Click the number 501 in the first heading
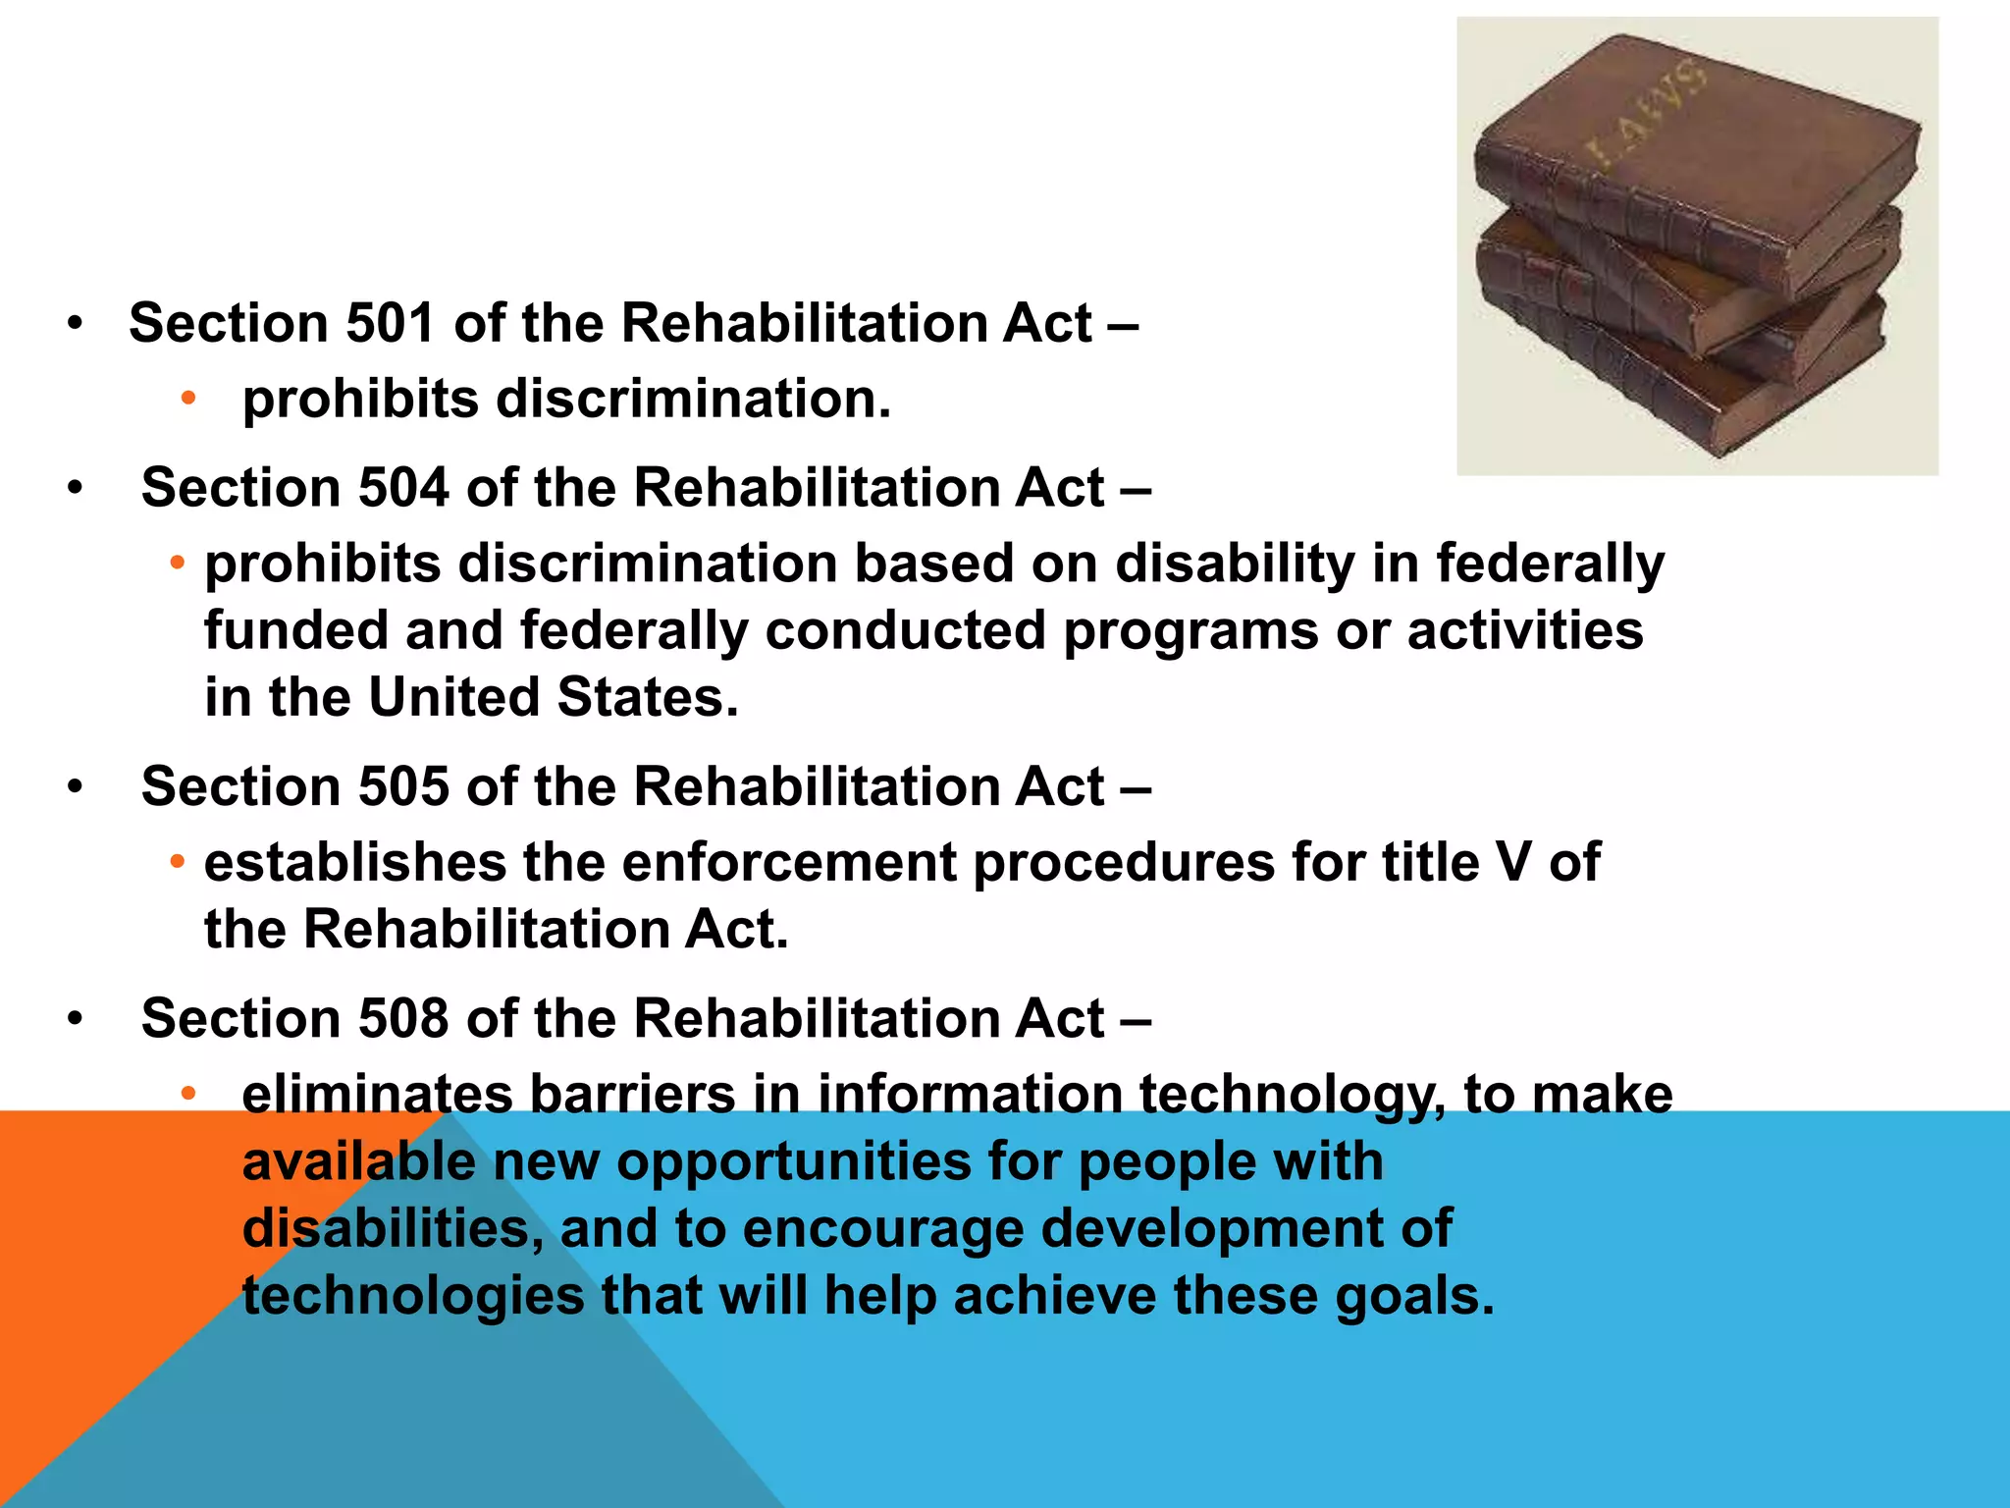[390, 323]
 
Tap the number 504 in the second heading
[402, 488]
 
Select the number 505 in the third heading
[402, 786]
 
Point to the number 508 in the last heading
[402, 1018]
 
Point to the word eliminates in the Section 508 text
[377, 1095]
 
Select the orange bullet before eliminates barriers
[188, 1093]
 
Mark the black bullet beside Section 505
[76, 787]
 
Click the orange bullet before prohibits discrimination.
[188, 398]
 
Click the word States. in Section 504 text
[647, 698]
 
